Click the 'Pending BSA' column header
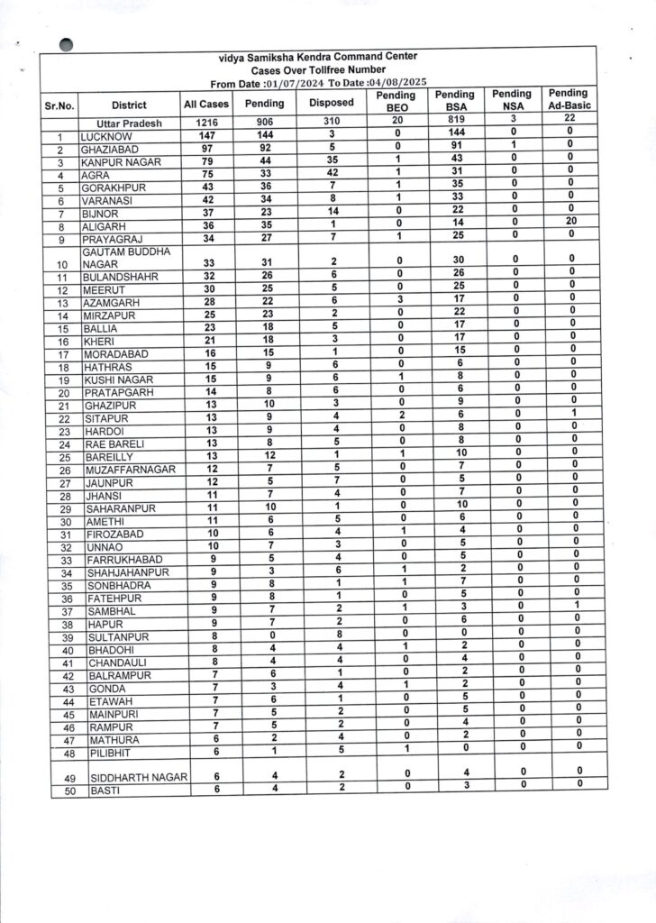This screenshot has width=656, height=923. pos(454,100)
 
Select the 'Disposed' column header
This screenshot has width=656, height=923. pos(331,103)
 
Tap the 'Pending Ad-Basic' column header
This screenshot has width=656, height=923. pos(568,99)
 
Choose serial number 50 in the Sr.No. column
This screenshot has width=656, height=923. pos(59,791)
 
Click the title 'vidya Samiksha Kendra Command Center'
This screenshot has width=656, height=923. pos(318,57)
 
